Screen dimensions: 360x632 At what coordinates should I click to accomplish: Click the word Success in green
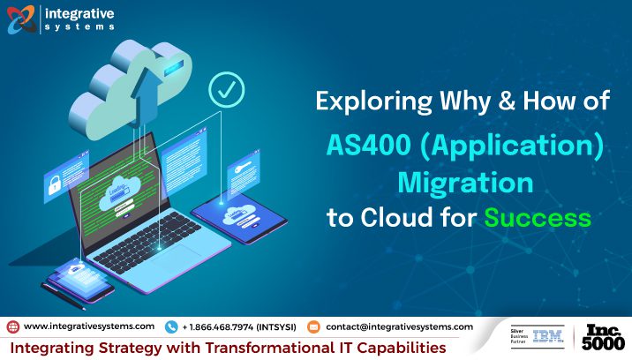540,216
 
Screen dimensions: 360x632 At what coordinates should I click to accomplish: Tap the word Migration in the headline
465,183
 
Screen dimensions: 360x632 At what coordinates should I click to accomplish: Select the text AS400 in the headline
361,146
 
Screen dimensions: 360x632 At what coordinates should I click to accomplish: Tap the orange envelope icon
312,326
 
